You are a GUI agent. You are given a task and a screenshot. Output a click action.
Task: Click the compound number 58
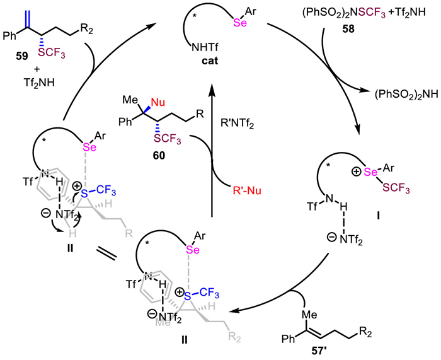(x=348, y=29)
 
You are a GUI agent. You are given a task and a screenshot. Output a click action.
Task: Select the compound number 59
(x=22, y=57)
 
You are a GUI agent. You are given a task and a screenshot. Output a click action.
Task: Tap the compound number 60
(x=159, y=155)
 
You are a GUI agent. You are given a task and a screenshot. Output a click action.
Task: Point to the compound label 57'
(x=319, y=351)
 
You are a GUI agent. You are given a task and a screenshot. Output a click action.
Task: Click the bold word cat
(x=210, y=61)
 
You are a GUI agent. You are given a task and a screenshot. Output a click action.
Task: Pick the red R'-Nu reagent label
(x=247, y=190)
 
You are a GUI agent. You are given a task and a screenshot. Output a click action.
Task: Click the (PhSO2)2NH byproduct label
(x=406, y=95)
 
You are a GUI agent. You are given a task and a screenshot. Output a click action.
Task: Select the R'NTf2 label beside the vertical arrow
(x=238, y=124)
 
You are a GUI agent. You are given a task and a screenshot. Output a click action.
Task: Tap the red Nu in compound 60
(x=158, y=103)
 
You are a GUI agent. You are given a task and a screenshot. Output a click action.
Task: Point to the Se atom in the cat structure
(x=240, y=23)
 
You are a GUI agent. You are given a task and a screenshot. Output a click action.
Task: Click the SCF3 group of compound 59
(x=50, y=54)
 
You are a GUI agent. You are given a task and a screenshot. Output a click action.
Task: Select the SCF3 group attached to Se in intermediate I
(x=394, y=189)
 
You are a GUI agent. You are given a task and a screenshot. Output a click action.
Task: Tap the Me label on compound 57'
(x=310, y=314)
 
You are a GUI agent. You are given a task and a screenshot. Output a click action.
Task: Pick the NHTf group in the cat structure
(x=205, y=47)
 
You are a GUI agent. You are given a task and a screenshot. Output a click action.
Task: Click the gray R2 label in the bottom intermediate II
(x=234, y=337)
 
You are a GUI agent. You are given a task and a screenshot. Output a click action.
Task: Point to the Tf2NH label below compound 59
(x=39, y=83)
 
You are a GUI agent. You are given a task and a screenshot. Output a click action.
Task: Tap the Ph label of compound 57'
(x=288, y=339)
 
